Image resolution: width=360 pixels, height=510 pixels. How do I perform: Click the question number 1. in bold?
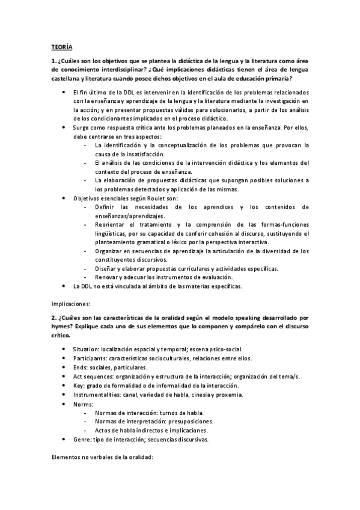pos(53,61)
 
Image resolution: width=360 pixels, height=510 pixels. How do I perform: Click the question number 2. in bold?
pos(53,317)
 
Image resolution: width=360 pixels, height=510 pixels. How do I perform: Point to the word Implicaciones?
pos(70,304)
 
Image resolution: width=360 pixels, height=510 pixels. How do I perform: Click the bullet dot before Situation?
pos(65,349)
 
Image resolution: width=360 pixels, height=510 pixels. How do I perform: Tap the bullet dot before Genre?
pos(65,440)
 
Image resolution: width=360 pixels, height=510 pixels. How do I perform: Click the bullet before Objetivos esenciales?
pos(65,198)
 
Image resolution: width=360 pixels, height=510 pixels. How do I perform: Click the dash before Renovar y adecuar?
pos(88,277)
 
